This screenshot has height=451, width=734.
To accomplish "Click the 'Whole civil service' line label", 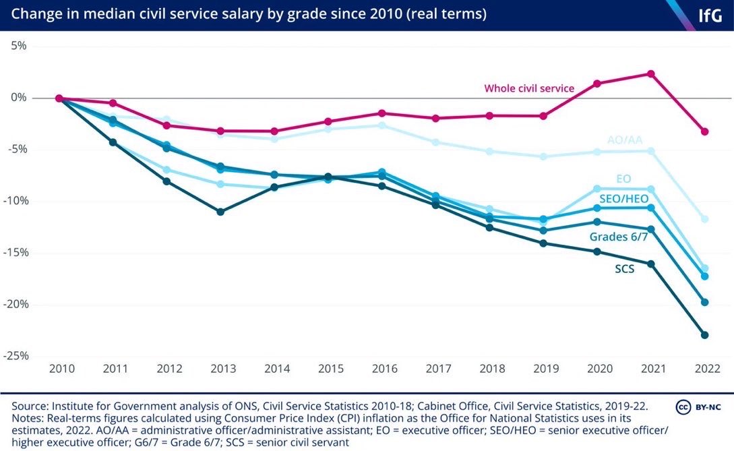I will click(529, 88).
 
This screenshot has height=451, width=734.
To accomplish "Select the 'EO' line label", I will click(624, 179).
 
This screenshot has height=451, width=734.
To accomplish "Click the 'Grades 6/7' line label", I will click(616, 237).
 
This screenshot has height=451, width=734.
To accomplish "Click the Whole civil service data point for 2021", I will click(651, 73).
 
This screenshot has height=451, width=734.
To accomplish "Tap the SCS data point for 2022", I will click(705, 335).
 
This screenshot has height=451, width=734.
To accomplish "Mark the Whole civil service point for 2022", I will click(705, 131).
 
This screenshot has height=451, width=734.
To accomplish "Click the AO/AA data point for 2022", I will click(705, 219).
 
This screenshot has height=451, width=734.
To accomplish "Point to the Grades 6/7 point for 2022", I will click(705, 302).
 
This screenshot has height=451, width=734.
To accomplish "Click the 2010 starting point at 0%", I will click(59, 98).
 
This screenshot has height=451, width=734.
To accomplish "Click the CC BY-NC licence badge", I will click(699, 407).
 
